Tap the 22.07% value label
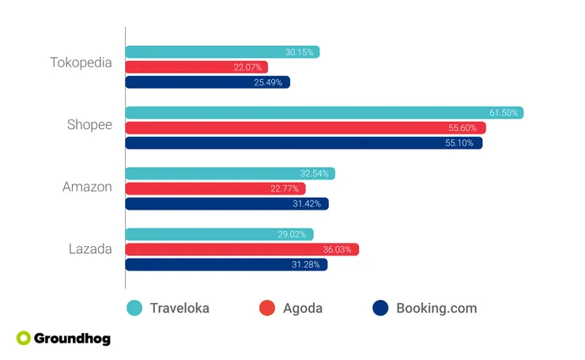tap(247, 67)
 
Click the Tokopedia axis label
tap(81, 62)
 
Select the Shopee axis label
tap(89, 124)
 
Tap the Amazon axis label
tap(87, 187)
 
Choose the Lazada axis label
tap(89, 248)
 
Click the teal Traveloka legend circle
tap(134, 308)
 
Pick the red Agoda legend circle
tap(267, 308)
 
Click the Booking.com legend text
tap(436, 308)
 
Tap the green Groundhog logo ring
tap(24, 339)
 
